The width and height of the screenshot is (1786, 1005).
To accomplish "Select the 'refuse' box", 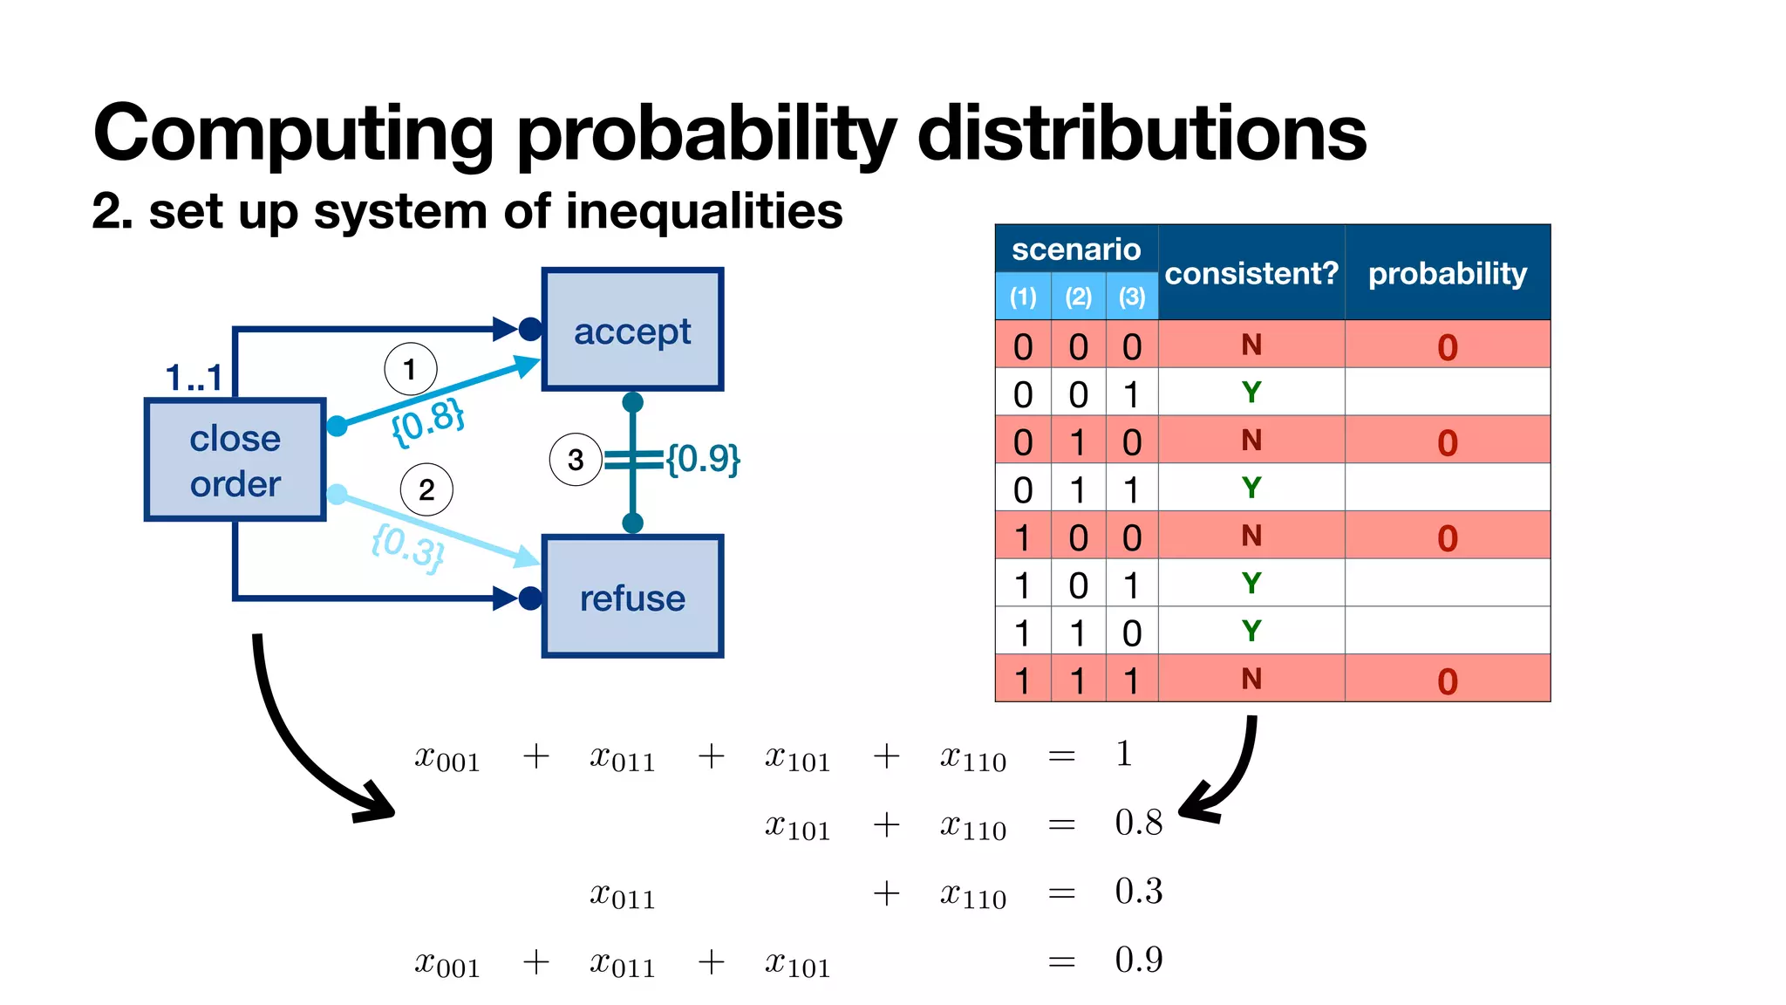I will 632,598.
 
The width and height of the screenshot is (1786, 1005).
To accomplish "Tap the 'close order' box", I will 235,460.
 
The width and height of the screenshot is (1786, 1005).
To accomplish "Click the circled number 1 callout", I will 410,369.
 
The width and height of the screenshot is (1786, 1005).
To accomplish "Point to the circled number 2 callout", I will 426,489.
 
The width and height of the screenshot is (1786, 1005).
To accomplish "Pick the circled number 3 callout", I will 576,459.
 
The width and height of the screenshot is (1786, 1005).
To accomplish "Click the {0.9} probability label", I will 703,458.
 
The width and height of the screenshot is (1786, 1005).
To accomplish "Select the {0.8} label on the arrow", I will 427,422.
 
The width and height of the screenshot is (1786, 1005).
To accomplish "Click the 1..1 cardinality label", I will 194,378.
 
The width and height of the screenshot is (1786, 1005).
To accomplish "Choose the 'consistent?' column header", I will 1251,274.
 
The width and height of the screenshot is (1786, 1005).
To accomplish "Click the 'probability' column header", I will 1448,274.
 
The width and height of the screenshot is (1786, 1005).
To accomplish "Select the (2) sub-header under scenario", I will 1079,297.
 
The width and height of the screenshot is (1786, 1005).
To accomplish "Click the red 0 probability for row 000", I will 1448,347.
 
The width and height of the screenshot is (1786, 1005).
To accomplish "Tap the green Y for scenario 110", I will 1251,631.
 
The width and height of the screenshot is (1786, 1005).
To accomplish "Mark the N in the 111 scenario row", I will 1251,679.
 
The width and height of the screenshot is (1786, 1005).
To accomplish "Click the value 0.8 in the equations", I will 1138,823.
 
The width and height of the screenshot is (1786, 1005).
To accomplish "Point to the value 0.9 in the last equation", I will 1138,960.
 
